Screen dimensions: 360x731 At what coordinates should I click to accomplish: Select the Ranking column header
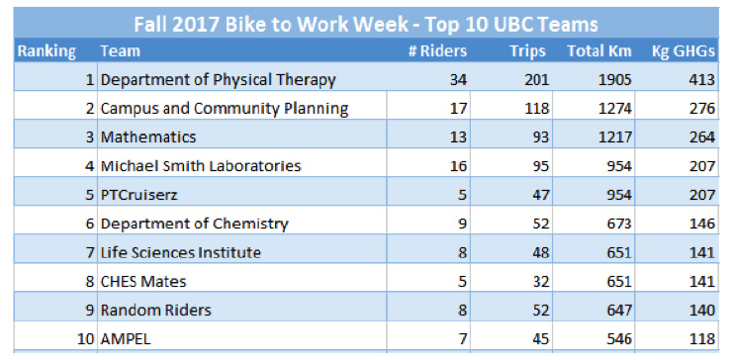click(x=46, y=50)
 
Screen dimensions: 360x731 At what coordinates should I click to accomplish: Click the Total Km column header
click(x=598, y=50)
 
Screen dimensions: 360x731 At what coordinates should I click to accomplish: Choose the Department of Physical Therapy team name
click(x=219, y=79)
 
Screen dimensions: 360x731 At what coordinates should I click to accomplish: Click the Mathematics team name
click(x=148, y=136)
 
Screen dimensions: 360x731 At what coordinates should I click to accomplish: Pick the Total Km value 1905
click(x=612, y=79)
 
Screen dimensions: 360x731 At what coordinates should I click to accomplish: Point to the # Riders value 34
click(x=457, y=79)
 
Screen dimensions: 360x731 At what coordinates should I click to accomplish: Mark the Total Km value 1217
click(x=612, y=136)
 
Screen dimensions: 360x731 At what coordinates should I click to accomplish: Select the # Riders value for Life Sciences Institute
click(x=461, y=252)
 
